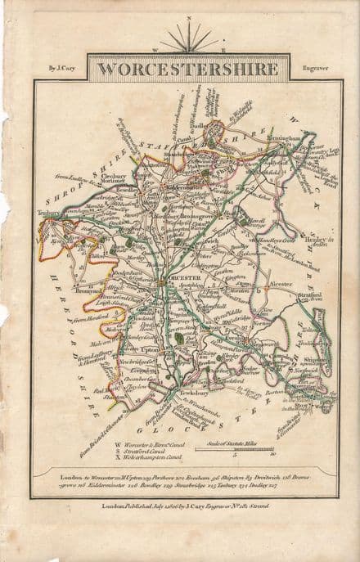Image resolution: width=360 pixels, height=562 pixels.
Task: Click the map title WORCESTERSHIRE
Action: click(182, 68)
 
